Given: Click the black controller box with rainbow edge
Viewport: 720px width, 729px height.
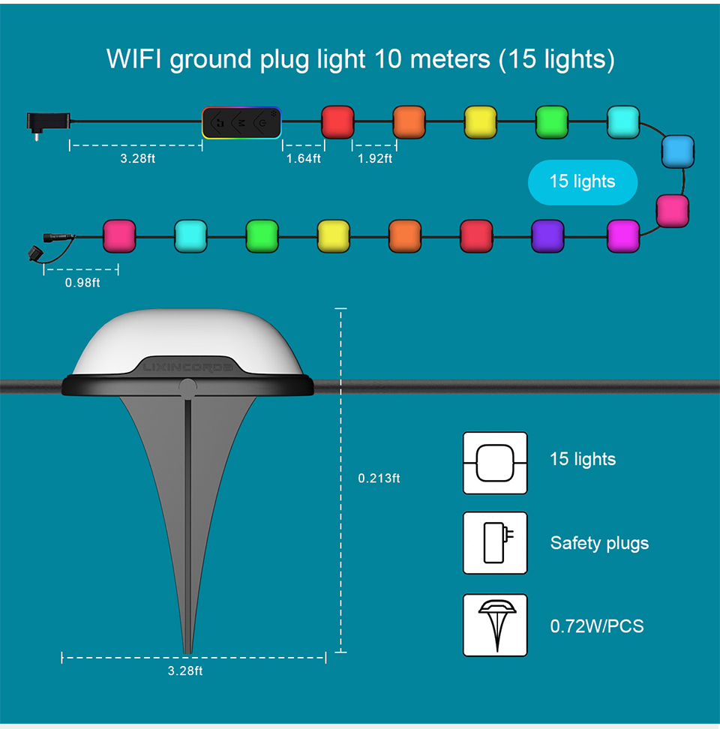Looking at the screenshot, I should pos(241,121).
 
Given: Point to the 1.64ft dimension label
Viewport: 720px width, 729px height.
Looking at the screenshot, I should pos(303,158).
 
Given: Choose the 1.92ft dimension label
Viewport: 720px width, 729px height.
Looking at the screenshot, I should pos(374,158).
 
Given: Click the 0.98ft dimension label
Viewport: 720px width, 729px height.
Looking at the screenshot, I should pos(82,282).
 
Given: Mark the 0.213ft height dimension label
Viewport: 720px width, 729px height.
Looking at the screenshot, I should pos(379,478).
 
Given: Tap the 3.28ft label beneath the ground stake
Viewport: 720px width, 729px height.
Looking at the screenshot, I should pos(185,670).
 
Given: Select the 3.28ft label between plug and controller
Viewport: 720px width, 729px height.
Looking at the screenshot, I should pos(137,158).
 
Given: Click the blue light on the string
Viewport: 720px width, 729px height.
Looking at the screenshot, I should pos(676,151).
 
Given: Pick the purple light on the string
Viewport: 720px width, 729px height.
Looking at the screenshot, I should pos(547,236).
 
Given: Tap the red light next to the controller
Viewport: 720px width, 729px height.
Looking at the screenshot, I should pos(337,121).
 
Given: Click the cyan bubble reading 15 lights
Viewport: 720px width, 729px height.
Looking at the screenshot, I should pos(582,181).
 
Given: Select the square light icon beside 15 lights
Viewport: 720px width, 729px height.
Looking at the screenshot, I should pos(495,462).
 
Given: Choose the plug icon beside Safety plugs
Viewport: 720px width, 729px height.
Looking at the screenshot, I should pos(495,542).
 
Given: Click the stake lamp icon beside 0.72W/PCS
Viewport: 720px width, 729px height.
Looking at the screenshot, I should pos(495,625).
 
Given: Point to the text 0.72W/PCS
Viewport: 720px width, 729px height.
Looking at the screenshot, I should pos(597,625).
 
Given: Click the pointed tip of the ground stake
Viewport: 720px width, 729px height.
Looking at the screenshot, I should pos(187,649).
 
